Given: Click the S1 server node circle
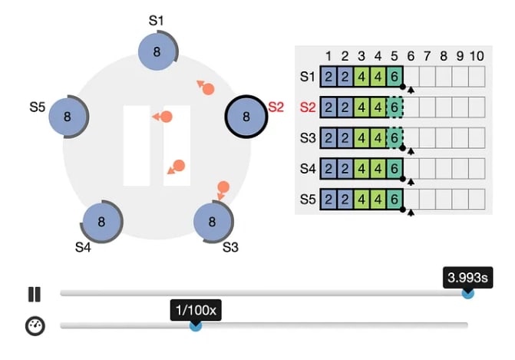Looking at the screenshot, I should (157, 51).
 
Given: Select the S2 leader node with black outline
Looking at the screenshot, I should (246, 117).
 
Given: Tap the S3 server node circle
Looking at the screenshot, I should (213, 222).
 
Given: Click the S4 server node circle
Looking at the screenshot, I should (101, 222).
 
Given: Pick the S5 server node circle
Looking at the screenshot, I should (68, 117).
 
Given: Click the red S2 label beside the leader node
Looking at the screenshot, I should (276, 106).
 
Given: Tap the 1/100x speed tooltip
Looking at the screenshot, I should (196, 311).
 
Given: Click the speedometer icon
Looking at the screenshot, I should (35, 325).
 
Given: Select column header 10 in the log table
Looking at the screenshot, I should (477, 56).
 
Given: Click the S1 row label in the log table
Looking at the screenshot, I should (307, 77).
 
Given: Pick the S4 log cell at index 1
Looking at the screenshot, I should (328, 168).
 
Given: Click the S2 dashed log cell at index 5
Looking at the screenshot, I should (395, 107).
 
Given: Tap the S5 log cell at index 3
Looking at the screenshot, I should (361, 199).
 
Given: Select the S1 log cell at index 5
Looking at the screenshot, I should (395, 77).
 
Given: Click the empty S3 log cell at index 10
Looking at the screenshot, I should (477, 137).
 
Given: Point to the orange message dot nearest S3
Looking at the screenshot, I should (223, 187).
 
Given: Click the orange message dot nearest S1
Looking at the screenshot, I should (207, 88).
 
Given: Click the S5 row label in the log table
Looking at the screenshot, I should (307, 199).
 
